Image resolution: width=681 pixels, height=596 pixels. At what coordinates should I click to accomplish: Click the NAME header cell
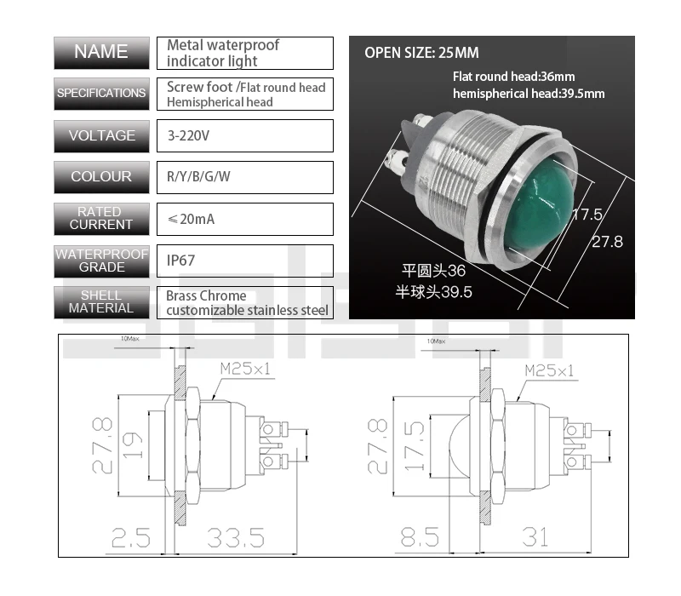point(100,53)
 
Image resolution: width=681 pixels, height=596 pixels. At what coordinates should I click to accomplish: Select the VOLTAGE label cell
point(100,136)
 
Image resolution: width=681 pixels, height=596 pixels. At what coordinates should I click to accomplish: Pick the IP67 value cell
point(244,261)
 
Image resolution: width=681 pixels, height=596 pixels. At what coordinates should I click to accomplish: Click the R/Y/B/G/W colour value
point(244,177)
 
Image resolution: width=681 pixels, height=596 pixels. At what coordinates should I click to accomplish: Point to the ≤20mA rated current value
point(244,219)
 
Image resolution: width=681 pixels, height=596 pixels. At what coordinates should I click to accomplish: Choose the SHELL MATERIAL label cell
point(100,302)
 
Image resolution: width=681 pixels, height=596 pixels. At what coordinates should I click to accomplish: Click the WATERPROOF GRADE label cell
point(100,261)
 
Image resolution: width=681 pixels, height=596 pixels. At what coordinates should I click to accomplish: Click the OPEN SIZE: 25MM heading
point(421,52)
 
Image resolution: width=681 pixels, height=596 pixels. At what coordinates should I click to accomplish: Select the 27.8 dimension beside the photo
point(607,242)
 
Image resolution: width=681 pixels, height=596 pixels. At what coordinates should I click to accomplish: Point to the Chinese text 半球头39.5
point(434,292)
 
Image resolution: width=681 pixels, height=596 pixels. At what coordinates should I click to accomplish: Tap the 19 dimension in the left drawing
point(132,445)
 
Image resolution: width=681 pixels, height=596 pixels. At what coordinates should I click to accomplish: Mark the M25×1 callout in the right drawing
point(549,370)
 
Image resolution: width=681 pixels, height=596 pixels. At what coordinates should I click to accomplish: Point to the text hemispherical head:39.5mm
point(529,94)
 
